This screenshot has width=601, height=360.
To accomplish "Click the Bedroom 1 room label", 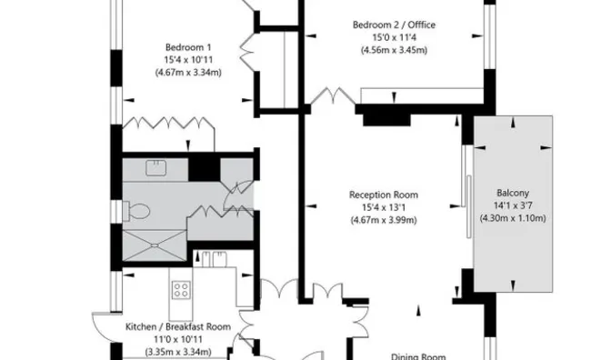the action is pyautogui.click(x=188, y=47).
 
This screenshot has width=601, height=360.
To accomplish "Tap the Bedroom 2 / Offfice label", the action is pyautogui.click(x=394, y=25).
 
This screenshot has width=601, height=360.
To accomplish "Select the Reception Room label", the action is pyautogui.click(x=384, y=195).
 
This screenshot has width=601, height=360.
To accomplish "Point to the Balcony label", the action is pyautogui.click(x=513, y=193).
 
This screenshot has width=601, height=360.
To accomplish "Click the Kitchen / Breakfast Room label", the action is pyautogui.click(x=178, y=327).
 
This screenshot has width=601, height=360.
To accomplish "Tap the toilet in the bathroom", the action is pyautogui.click(x=136, y=211).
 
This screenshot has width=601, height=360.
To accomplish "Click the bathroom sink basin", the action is pyautogui.click(x=156, y=168).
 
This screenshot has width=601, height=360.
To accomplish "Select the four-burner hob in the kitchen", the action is pyautogui.click(x=181, y=290).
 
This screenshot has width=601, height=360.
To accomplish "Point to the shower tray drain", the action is pyautogui.click(x=154, y=245).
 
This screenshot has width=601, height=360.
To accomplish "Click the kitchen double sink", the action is pyautogui.click(x=214, y=259).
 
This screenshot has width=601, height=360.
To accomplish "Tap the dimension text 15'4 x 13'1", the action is pyautogui.click(x=384, y=207).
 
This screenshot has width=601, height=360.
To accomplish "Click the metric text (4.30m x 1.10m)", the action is pyautogui.click(x=513, y=218).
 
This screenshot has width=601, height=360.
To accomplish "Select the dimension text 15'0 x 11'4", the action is pyautogui.click(x=394, y=37).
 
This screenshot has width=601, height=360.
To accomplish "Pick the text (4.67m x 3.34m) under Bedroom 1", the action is pyautogui.click(x=188, y=73).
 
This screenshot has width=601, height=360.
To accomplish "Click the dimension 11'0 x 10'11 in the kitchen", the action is pyautogui.click(x=178, y=339).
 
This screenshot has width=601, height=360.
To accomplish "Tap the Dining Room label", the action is pyautogui.click(x=418, y=357).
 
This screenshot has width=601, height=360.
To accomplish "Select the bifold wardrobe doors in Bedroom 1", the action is pyautogui.click(x=168, y=123).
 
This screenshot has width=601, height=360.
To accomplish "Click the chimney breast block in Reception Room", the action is pyautogui.click(x=386, y=119).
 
